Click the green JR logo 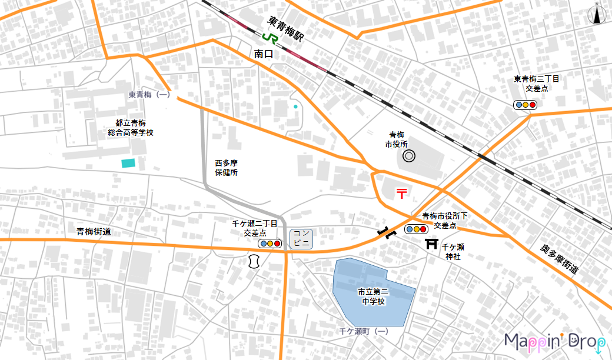click(x=270, y=37)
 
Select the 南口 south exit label click(x=264, y=54)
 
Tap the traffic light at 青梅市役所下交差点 click(x=416, y=229)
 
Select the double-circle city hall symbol click(x=408, y=156)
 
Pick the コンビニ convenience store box click(x=301, y=238)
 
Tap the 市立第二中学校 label click(x=373, y=296)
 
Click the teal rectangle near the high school click(x=128, y=164)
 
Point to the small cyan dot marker click(x=280, y=106)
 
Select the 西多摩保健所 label click(x=226, y=168)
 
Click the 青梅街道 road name click(x=94, y=232)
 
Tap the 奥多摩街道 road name click(x=560, y=259)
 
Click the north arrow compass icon click(x=597, y=15)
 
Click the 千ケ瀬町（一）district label click(x=364, y=332)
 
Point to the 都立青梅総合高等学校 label click(x=131, y=128)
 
